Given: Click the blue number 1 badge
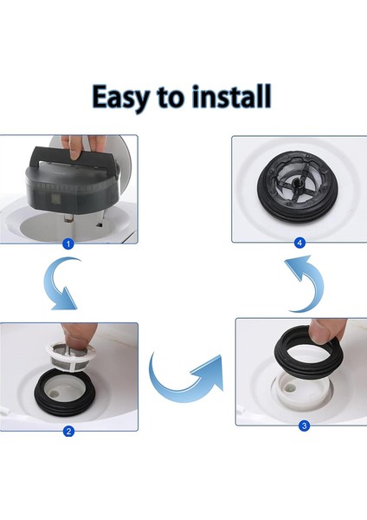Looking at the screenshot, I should pos(69,244).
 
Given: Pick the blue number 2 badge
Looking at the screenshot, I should pos(69,431).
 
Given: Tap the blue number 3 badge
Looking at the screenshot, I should pos(304,426).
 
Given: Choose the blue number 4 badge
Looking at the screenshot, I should pos(300,243).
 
